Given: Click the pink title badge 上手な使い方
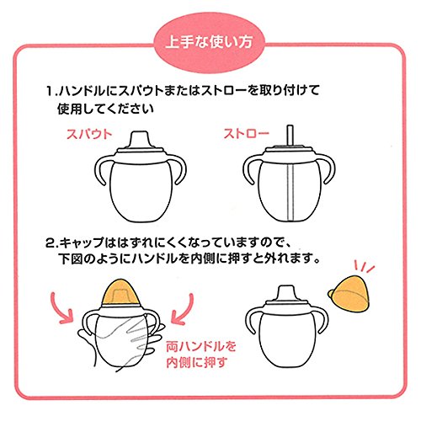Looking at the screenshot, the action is [x=209, y=43].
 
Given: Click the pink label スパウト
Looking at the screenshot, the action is [x=89, y=134].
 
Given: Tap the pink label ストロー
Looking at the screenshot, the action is [x=246, y=134].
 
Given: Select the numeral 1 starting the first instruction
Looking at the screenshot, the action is [x=50, y=91].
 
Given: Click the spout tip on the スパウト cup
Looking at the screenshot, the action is [x=140, y=139].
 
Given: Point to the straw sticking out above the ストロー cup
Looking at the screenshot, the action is [x=290, y=136].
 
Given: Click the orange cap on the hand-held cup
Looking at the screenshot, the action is [x=120, y=292].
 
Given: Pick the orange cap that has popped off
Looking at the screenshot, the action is [x=349, y=294].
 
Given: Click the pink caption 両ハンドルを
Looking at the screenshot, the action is [x=201, y=347].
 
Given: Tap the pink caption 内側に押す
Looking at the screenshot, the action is [x=196, y=363].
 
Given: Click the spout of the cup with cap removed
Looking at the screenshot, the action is [x=287, y=292].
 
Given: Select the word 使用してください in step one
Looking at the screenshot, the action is [x=106, y=109].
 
